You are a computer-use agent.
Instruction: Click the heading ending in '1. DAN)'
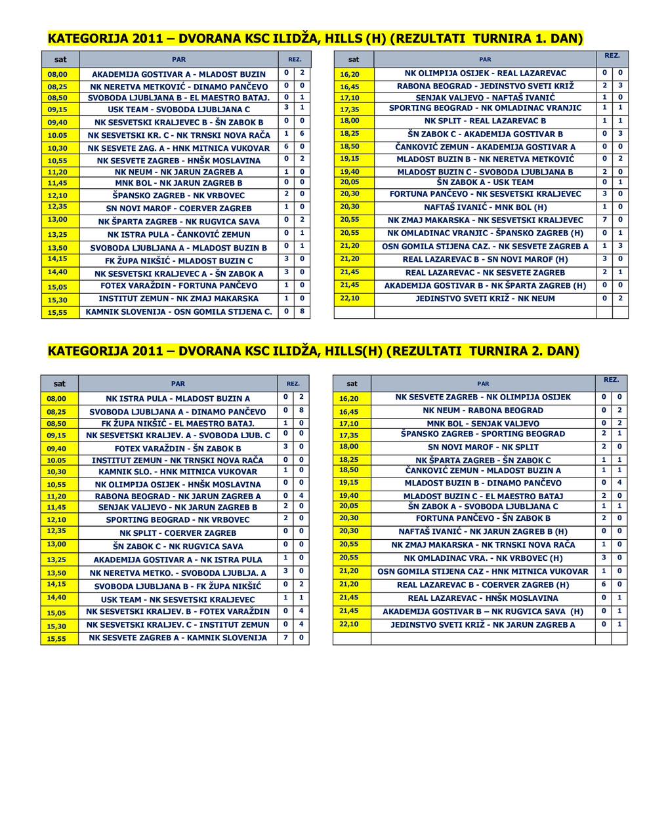315,38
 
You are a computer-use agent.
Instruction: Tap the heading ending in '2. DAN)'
314,351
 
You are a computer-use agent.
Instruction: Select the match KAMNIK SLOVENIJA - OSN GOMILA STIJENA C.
178,312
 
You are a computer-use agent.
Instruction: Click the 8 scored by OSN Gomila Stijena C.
302,312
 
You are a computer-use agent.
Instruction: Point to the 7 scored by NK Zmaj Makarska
604,220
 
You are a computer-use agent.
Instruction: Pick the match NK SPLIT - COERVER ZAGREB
178,533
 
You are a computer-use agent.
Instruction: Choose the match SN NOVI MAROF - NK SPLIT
483,447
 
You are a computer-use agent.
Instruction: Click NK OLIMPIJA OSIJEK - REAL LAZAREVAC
485,73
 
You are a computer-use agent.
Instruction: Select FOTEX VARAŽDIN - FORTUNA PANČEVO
178,285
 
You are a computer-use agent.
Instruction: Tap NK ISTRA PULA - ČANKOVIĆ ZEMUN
178,234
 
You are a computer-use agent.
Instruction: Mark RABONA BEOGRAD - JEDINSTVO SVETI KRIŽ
485,86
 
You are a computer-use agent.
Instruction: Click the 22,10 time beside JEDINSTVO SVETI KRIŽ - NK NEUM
350,298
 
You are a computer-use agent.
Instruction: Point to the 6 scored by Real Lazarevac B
604,584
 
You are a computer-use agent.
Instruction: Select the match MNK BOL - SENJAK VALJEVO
483,423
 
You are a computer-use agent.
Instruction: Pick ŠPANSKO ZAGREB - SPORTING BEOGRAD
483,434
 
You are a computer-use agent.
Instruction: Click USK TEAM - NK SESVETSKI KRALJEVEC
178,600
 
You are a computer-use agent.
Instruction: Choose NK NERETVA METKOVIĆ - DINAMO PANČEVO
178,87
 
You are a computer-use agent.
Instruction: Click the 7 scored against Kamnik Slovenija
285,638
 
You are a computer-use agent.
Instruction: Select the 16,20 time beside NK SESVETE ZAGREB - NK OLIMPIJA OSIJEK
349,398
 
